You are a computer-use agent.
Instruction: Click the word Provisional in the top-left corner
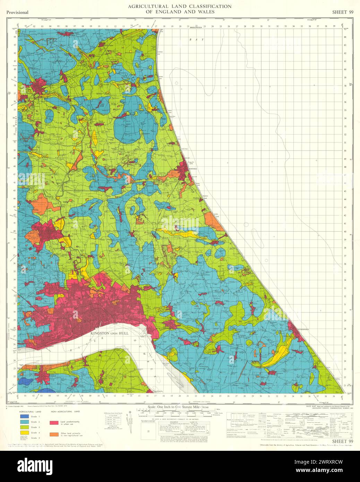click(x=17, y=12)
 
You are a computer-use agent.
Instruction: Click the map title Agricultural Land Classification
click(x=180, y=6)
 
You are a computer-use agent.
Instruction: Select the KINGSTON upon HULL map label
click(x=109, y=333)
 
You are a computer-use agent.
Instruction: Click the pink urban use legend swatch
click(x=53, y=423)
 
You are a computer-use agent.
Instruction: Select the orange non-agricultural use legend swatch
click(x=53, y=434)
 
